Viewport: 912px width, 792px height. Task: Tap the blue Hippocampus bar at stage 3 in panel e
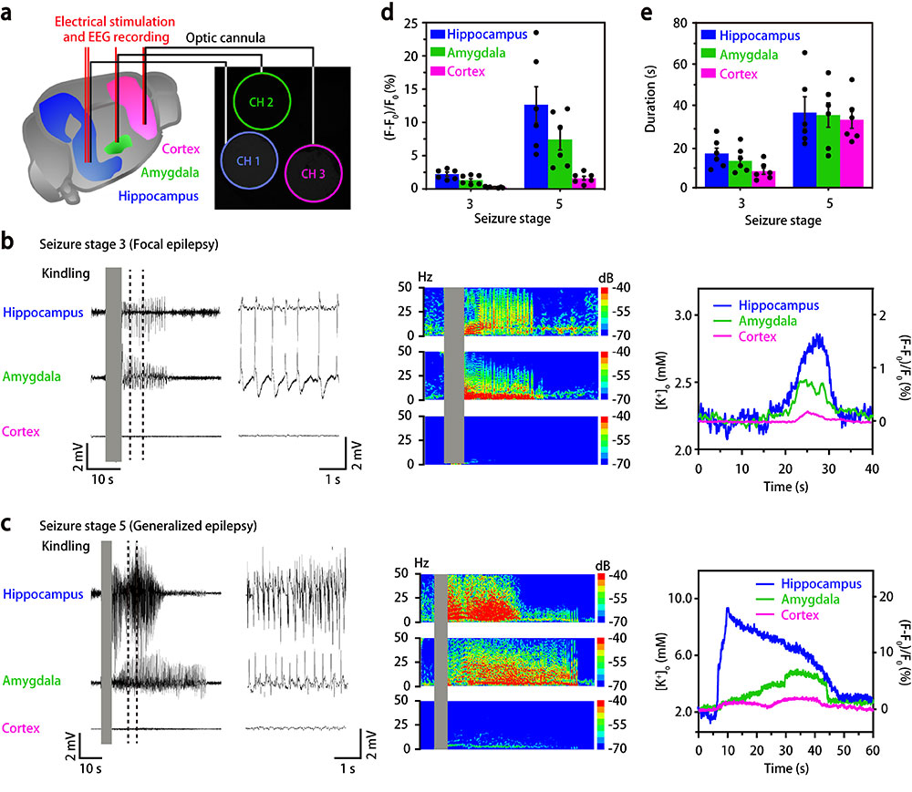tap(717, 170)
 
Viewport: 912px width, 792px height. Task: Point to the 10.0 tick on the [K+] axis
tap(676, 599)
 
